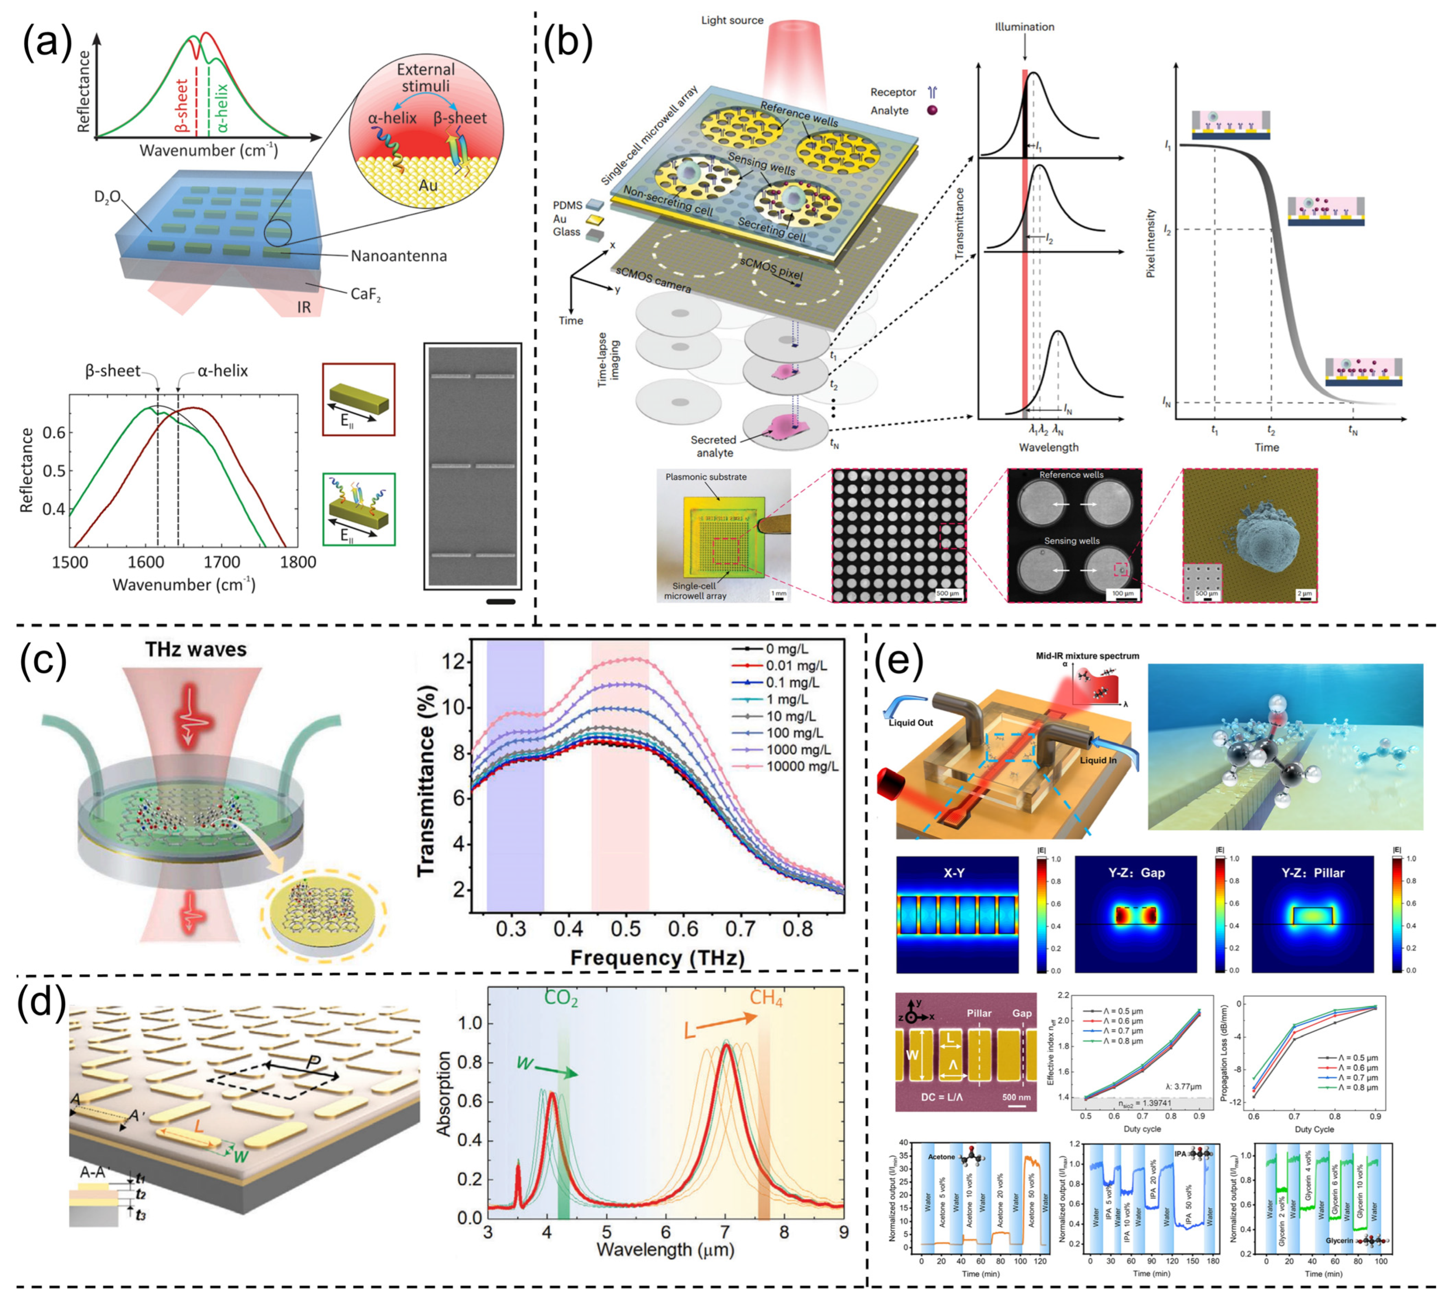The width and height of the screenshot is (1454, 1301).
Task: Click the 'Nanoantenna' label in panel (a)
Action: point(398,256)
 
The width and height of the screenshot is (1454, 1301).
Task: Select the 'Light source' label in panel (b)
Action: point(732,20)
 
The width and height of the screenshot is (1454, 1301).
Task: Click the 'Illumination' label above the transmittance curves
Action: point(1024,27)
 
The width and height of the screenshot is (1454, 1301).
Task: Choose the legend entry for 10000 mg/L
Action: point(802,766)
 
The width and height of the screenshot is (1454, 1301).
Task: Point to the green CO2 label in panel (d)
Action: point(561,999)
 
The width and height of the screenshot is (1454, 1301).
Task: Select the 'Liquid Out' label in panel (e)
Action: point(911,723)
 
